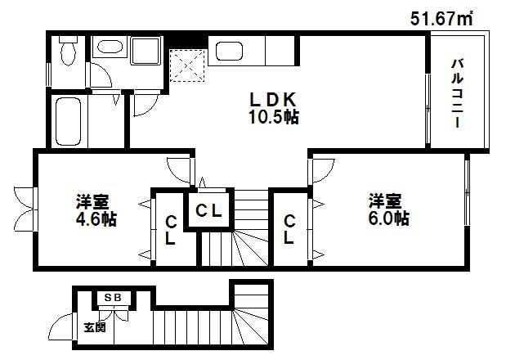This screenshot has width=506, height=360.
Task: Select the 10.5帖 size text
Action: [273, 116]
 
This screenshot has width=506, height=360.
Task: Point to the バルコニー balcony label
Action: [458, 92]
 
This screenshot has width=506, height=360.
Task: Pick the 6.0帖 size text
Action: [388, 218]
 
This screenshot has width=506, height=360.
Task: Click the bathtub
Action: [70, 121]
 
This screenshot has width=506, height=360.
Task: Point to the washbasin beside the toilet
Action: [106, 51]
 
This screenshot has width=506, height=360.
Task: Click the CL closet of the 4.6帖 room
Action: [170, 230]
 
